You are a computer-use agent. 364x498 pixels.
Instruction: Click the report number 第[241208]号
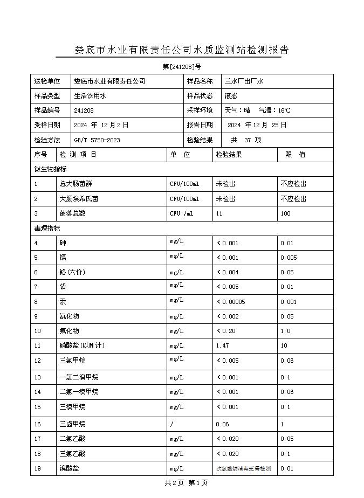(x=182, y=67)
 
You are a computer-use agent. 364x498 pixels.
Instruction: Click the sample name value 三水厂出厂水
(x=244, y=81)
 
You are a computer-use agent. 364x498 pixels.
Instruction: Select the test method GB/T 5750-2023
(x=97, y=140)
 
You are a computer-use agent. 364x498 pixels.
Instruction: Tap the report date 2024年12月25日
(x=257, y=125)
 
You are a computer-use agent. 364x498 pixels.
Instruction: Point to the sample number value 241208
(x=84, y=110)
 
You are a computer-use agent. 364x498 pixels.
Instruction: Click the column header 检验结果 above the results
(x=229, y=155)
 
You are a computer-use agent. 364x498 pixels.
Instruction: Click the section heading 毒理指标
(x=47, y=229)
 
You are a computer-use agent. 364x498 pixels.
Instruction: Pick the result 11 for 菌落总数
(x=219, y=213)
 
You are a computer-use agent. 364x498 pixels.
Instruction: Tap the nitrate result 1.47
(x=222, y=345)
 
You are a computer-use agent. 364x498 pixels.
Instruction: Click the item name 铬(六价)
(x=72, y=273)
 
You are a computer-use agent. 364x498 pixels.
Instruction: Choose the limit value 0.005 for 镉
(x=289, y=258)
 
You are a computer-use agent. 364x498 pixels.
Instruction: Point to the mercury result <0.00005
(x=231, y=302)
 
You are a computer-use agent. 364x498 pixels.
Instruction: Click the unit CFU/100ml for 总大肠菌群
(x=184, y=184)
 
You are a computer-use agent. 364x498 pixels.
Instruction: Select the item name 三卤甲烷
(x=72, y=425)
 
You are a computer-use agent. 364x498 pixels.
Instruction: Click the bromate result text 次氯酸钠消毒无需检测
(x=243, y=469)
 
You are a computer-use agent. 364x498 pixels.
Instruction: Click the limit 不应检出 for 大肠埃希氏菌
(x=293, y=199)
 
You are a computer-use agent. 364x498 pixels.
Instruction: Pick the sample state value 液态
(x=231, y=96)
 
